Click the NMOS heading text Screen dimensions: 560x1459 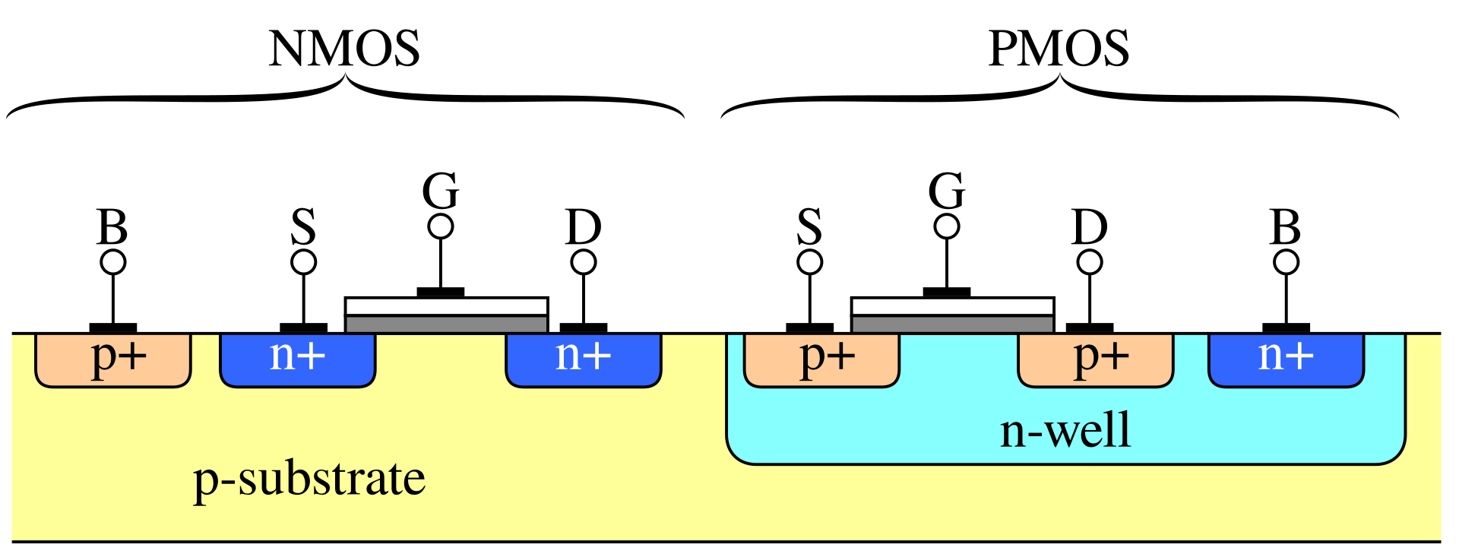coord(344,49)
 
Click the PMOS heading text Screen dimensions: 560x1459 coord(1059,49)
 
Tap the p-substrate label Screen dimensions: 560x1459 coord(309,479)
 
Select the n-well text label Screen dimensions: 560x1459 coord(1065,430)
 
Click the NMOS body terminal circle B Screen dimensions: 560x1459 coord(113,262)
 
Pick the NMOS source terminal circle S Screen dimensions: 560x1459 coord(304,262)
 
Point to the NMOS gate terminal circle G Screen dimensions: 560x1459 coord(441,226)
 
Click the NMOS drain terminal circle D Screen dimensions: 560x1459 coord(584,262)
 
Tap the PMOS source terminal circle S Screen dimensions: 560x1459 coord(810,262)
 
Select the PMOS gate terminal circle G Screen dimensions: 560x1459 coord(947,226)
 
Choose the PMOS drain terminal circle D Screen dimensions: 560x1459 coord(1090,262)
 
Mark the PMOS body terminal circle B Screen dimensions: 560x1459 coord(1287,262)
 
